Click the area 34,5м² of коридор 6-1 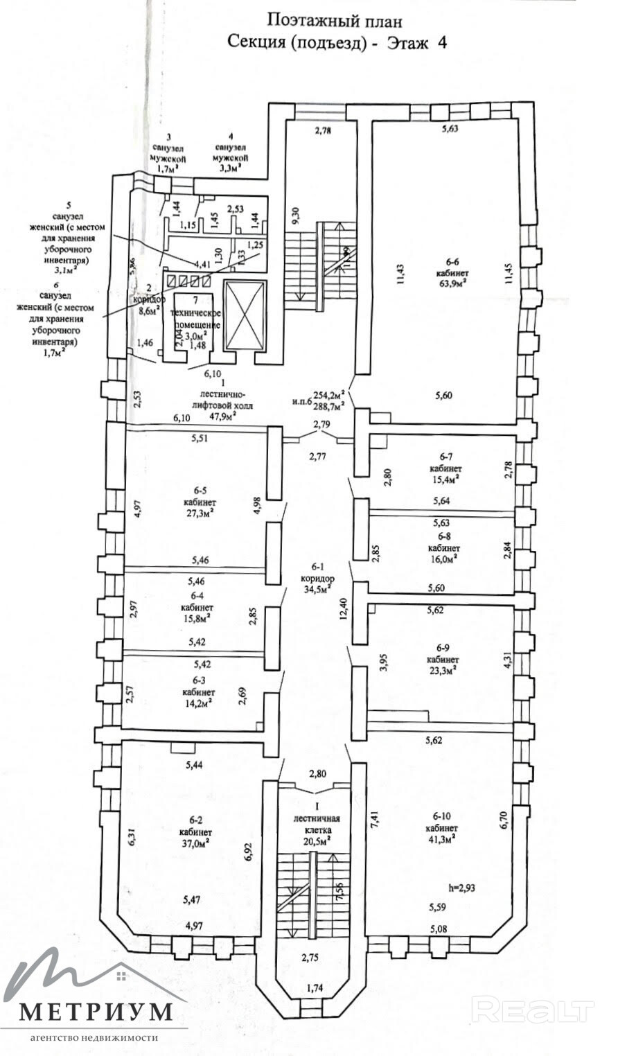pyautogui.click(x=318, y=590)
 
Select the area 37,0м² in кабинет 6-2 pyautogui.click(x=196, y=843)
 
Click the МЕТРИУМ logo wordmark pyautogui.click(x=95, y=1012)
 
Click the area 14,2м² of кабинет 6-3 pyautogui.click(x=198, y=702)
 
